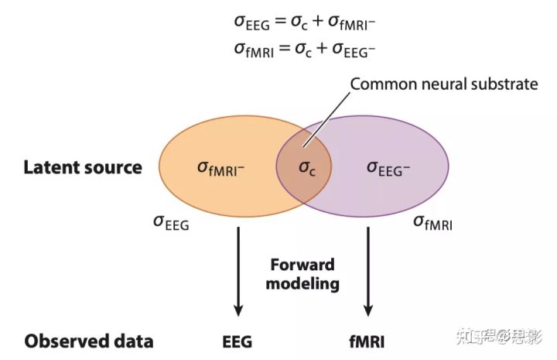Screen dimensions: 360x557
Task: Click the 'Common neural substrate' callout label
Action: click(x=444, y=84)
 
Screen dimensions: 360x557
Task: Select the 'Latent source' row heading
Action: click(x=83, y=167)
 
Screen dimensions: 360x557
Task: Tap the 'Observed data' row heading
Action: click(x=88, y=341)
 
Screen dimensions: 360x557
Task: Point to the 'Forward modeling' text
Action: click(x=302, y=273)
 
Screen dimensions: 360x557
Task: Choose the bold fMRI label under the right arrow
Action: click(x=368, y=341)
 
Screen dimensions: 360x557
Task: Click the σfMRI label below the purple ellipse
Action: click(x=432, y=224)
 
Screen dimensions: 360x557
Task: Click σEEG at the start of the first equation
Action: click(x=252, y=24)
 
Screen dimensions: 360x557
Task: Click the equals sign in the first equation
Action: click(x=281, y=24)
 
